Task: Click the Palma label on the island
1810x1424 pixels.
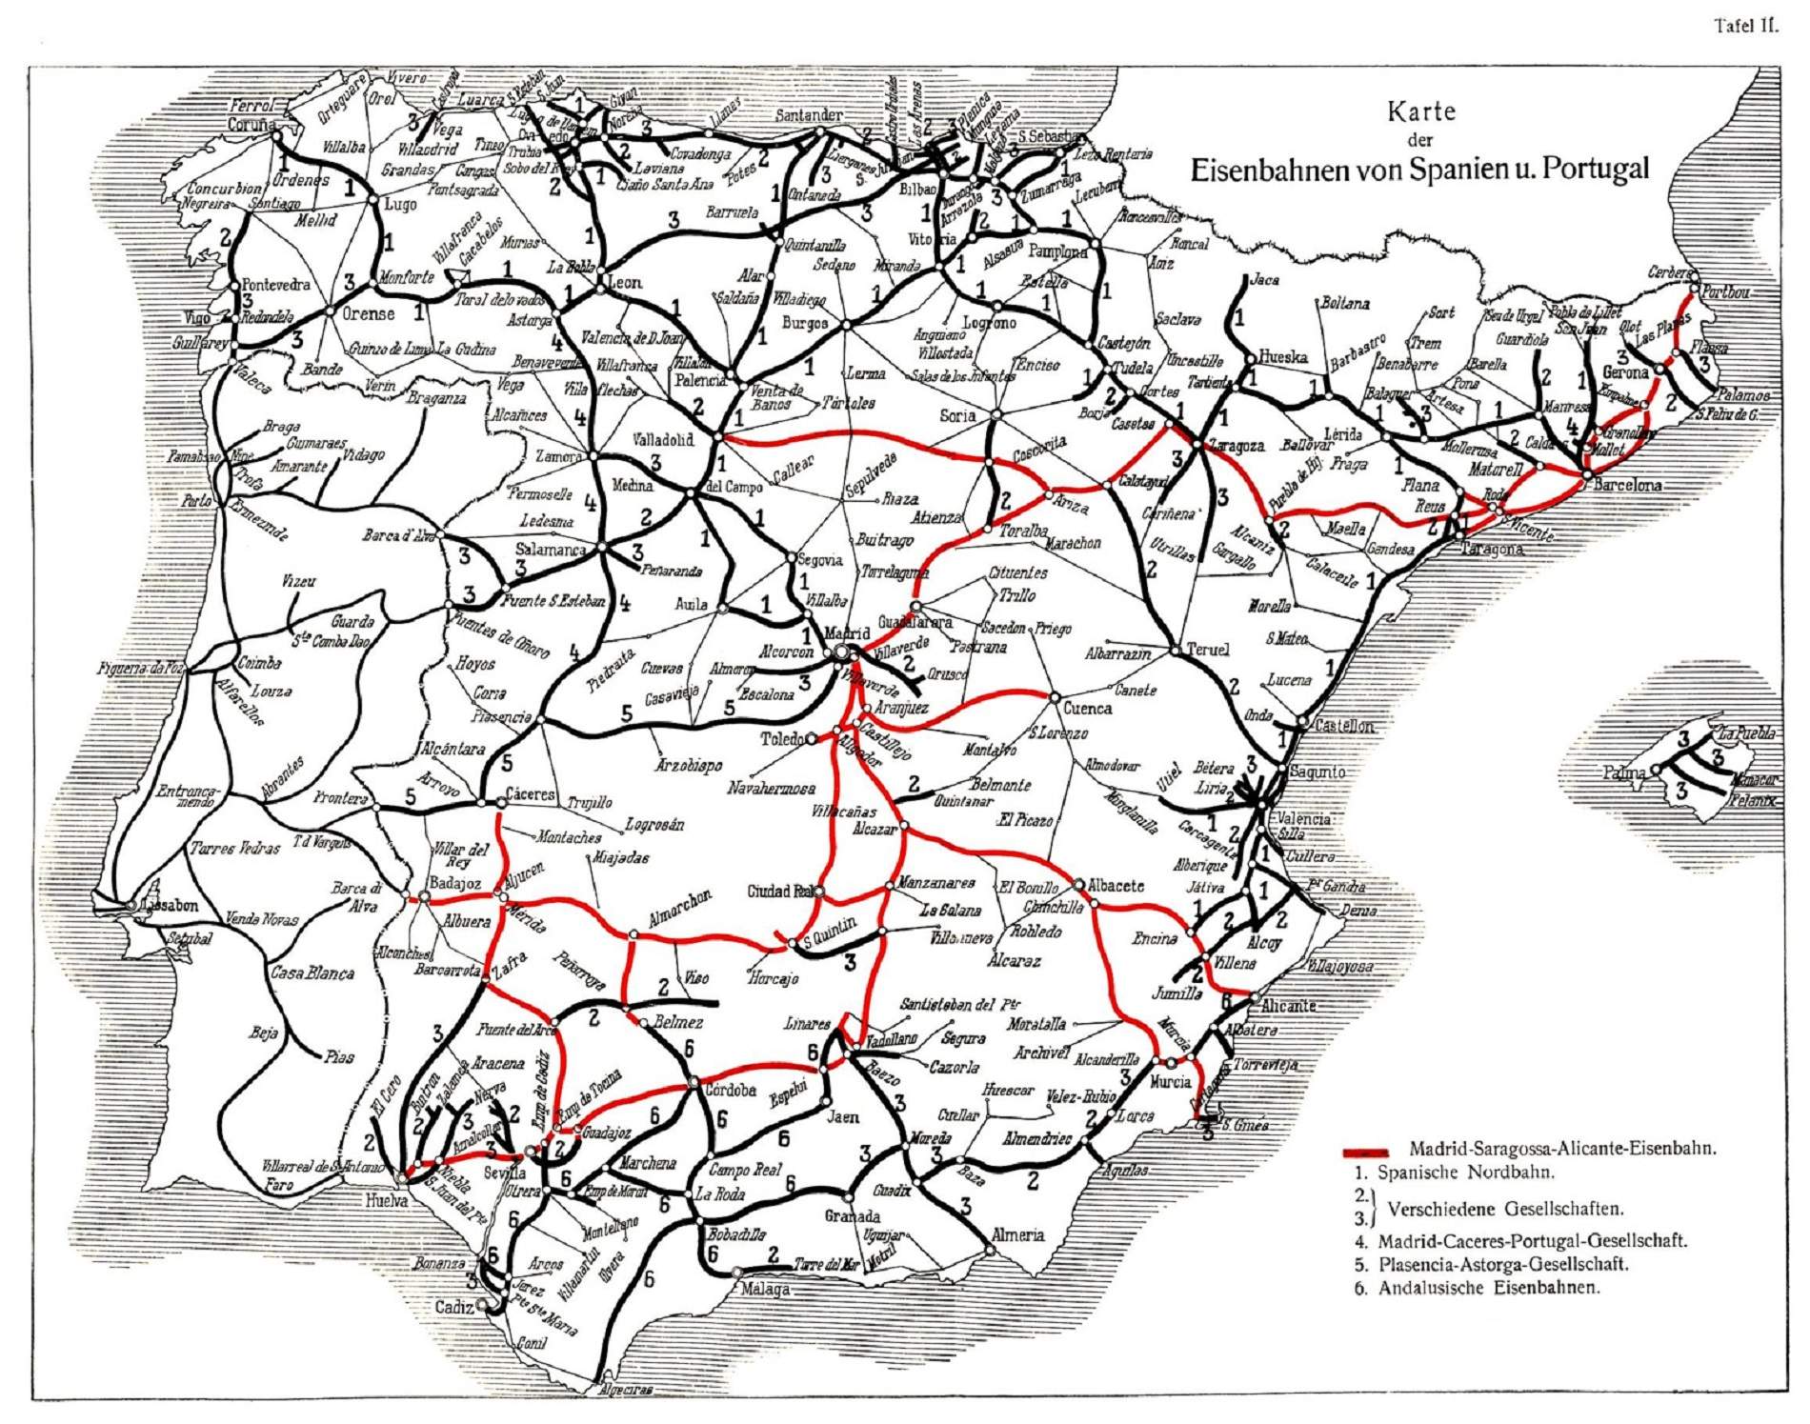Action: point(1625,772)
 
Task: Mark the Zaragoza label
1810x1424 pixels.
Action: point(1236,445)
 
